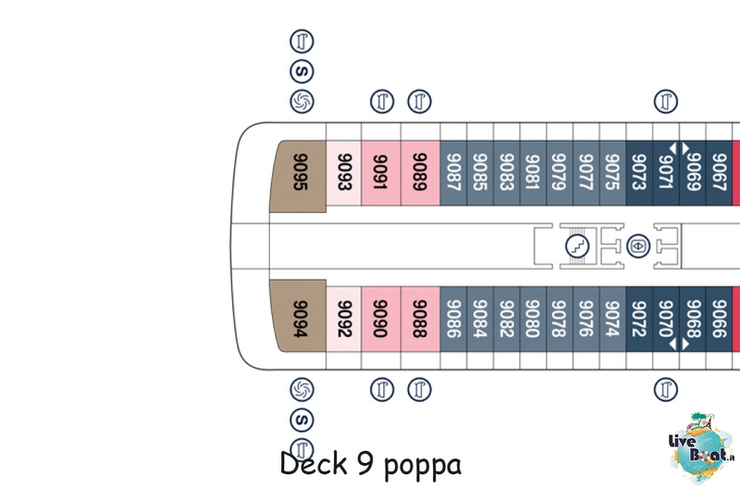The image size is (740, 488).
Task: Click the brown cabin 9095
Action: pyautogui.click(x=298, y=176)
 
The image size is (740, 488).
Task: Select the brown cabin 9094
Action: pyautogui.click(x=298, y=316)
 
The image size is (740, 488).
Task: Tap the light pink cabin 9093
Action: pyautogui.click(x=343, y=173)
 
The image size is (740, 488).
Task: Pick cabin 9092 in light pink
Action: pyautogui.click(x=343, y=319)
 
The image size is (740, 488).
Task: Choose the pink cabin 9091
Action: pyautogui.click(x=381, y=173)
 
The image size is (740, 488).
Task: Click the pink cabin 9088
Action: pyautogui.click(x=420, y=319)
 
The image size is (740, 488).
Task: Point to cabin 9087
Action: pyautogui.click(x=453, y=173)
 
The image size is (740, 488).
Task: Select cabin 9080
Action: pyautogui.click(x=533, y=319)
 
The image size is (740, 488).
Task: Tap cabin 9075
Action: pyautogui.click(x=612, y=173)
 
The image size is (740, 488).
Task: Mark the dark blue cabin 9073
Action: pyautogui.click(x=639, y=173)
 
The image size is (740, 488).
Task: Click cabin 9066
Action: pyautogui.click(x=719, y=319)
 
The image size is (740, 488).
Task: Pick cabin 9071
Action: pyautogui.click(x=666, y=173)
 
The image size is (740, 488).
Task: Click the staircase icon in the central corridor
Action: pyautogui.click(x=577, y=245)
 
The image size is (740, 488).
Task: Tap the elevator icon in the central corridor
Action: pyautogui.click(x=638, y=245)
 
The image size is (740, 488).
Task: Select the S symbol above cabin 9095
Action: pyautogui.click(x=302, y=72)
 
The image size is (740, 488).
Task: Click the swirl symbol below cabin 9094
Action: pyautogui.click(x=302, y=390)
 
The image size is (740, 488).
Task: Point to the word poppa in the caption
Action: pyautogui.click(x=423, y=467)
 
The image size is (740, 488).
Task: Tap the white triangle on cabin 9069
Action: pyautogui.click(x=685, y=148)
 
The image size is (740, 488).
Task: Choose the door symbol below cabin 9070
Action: pyautogui.click(x=666, y=390)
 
